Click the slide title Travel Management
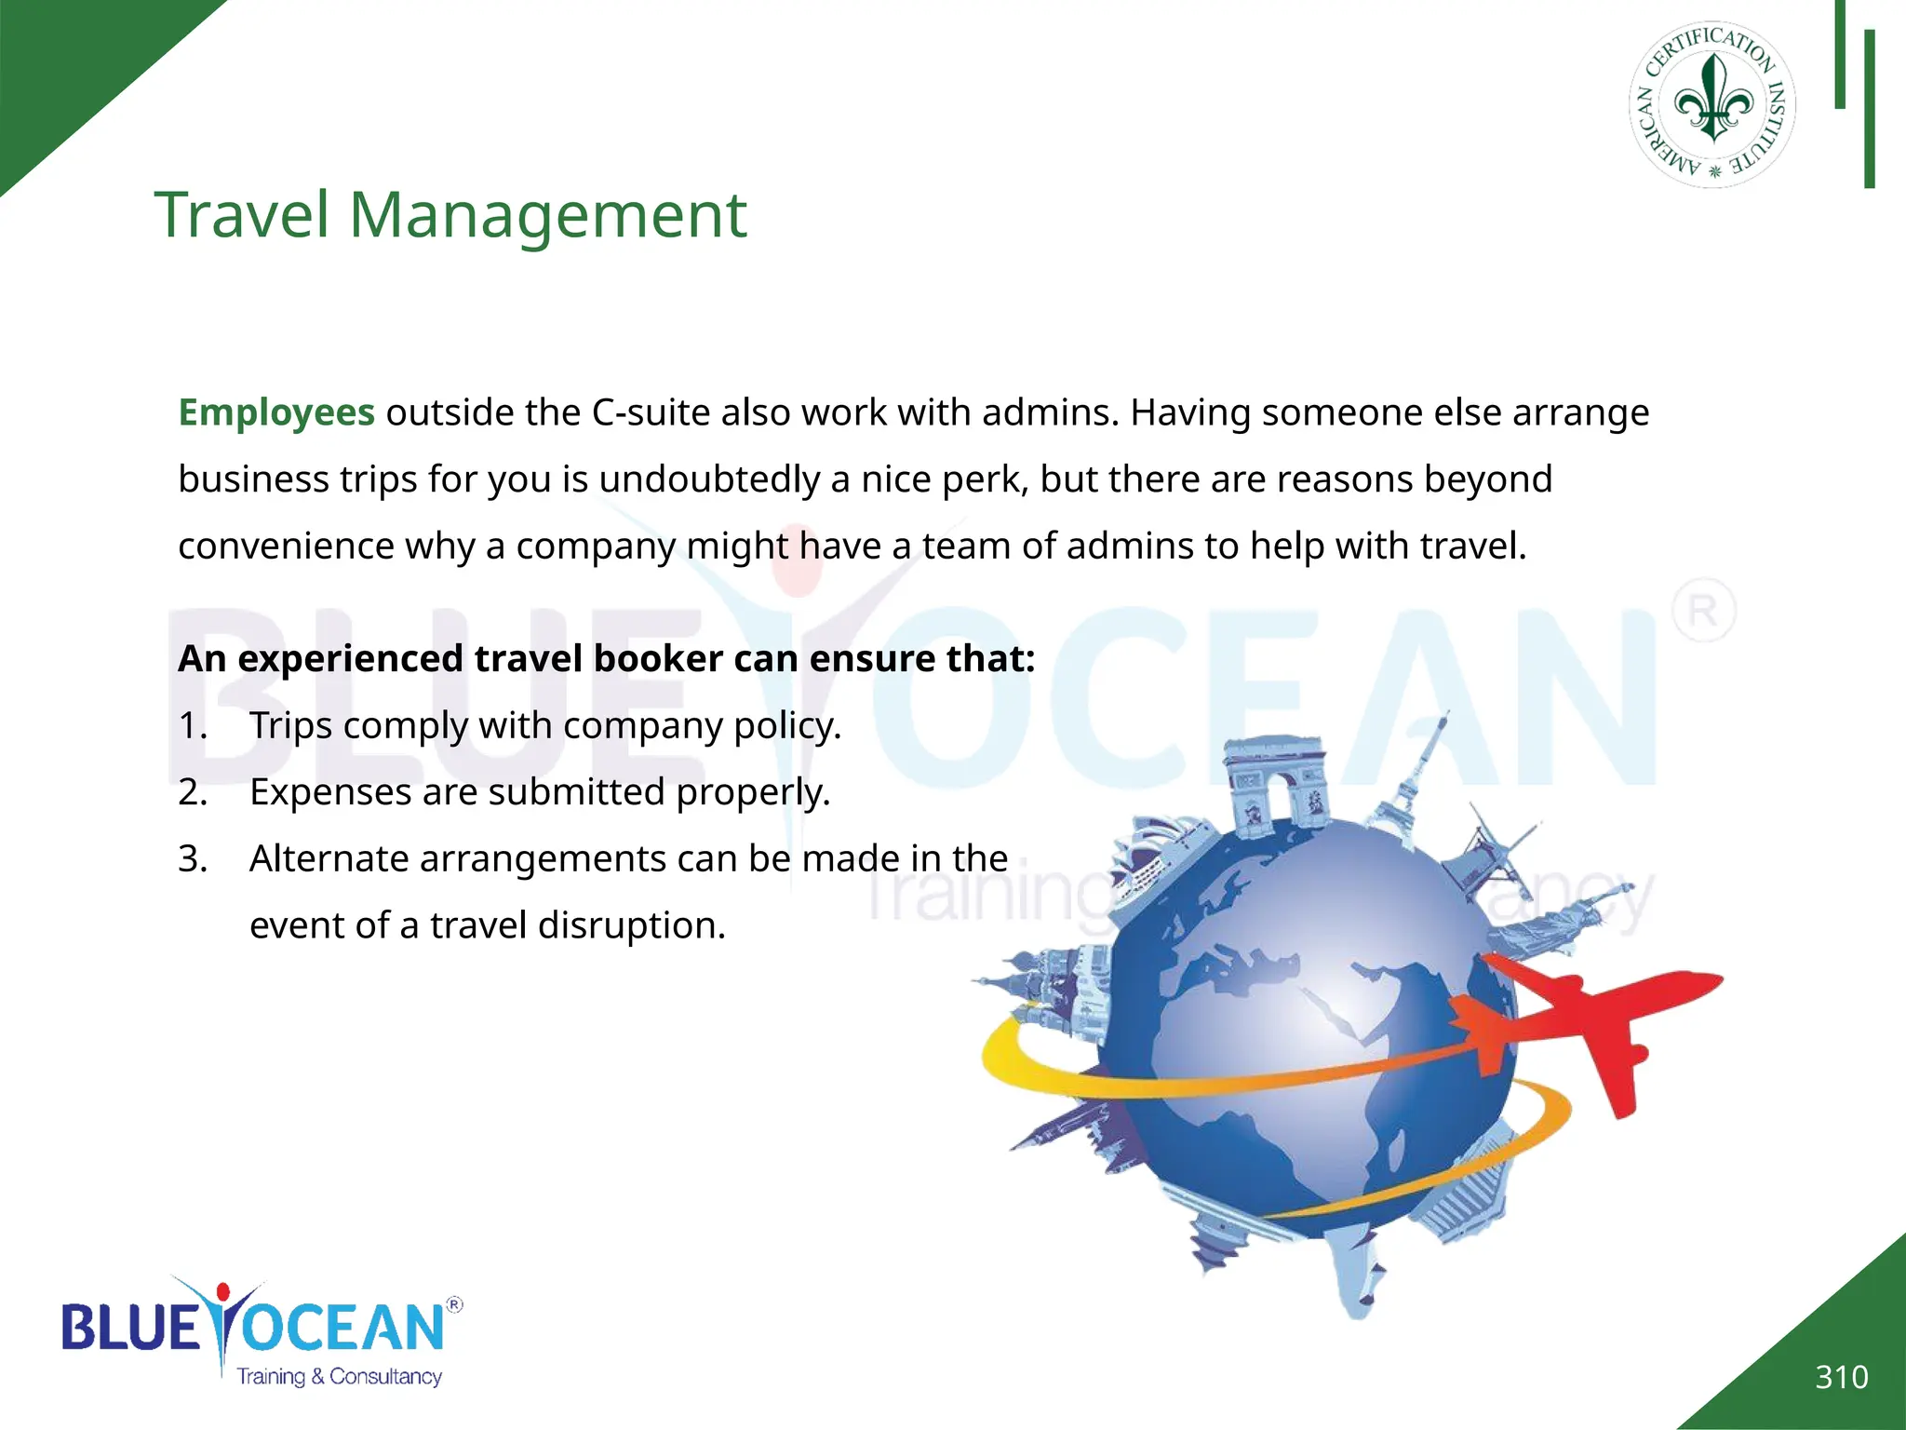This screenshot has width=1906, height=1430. pyautogui.click(x=450, y=216)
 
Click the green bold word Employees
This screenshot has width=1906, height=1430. pyautogui.click(x=276, y=412)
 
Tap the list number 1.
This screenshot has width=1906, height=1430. pyautogui.click(x=191, y=726)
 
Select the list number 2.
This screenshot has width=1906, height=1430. pyautogui.click(x=192, y=792)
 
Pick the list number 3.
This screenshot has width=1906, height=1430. pyautogui.click(x=192, y=859)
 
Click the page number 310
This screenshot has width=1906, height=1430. pyautogui.click(x=1841, y=1377)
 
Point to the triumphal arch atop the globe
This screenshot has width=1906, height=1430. pyautogui.click(x=1276, y=778)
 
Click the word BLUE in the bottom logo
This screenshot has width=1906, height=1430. pyautogui.click(x=130, y=1327)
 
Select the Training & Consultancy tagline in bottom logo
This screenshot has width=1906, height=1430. pyautogui.click(x=339, y=1377)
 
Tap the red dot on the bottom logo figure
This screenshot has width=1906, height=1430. pyautogui.click(x=222, y=1292)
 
